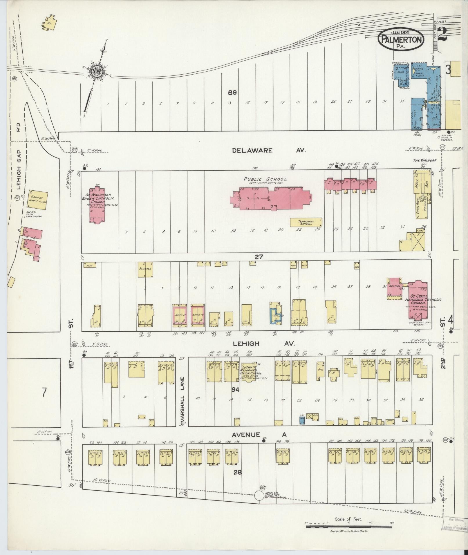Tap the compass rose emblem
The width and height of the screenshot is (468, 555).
tap(96, 71)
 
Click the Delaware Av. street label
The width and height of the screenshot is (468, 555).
tap(269, 150)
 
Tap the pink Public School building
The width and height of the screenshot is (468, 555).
tap(270, 197)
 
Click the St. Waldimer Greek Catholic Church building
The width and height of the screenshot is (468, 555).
tap(97, 206)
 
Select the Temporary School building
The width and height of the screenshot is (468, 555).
tap(306, 223)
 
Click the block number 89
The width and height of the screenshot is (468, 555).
tap(232, 93)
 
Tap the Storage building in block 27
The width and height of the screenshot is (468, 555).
tap(145, 270)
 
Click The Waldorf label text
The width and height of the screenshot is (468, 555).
tap(422, 160)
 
